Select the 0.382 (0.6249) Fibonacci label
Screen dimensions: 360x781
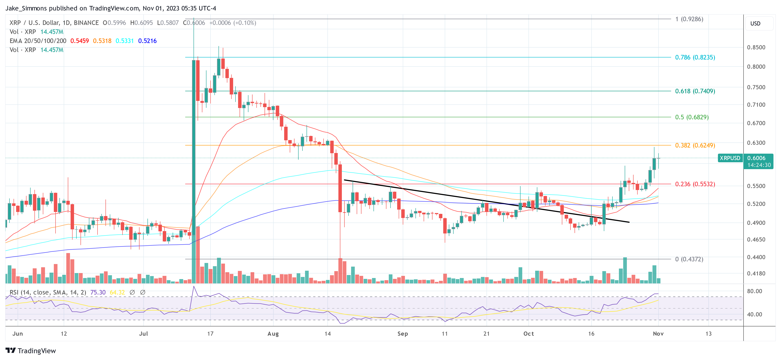coord(695,145)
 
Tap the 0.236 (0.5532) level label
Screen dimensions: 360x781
coord(695,184)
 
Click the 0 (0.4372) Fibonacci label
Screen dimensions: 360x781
coord(689,259)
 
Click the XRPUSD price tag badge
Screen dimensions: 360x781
coord(730,158)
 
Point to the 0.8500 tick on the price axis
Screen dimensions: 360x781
coord(756,47)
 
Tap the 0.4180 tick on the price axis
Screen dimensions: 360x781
coord(756,273)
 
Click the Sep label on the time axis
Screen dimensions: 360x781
coord(402,334)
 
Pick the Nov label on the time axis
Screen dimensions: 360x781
coord(658,334)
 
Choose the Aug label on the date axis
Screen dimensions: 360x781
coord(273,334)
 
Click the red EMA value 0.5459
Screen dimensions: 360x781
coord(79,41)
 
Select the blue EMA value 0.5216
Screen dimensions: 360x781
coord(147,41)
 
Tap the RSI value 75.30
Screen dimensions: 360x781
coord(98,292)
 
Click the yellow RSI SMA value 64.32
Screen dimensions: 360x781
coord(117,292)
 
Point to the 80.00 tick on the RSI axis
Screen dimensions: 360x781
coord(754,291)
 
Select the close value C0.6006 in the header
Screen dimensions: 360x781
coord(194,23)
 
